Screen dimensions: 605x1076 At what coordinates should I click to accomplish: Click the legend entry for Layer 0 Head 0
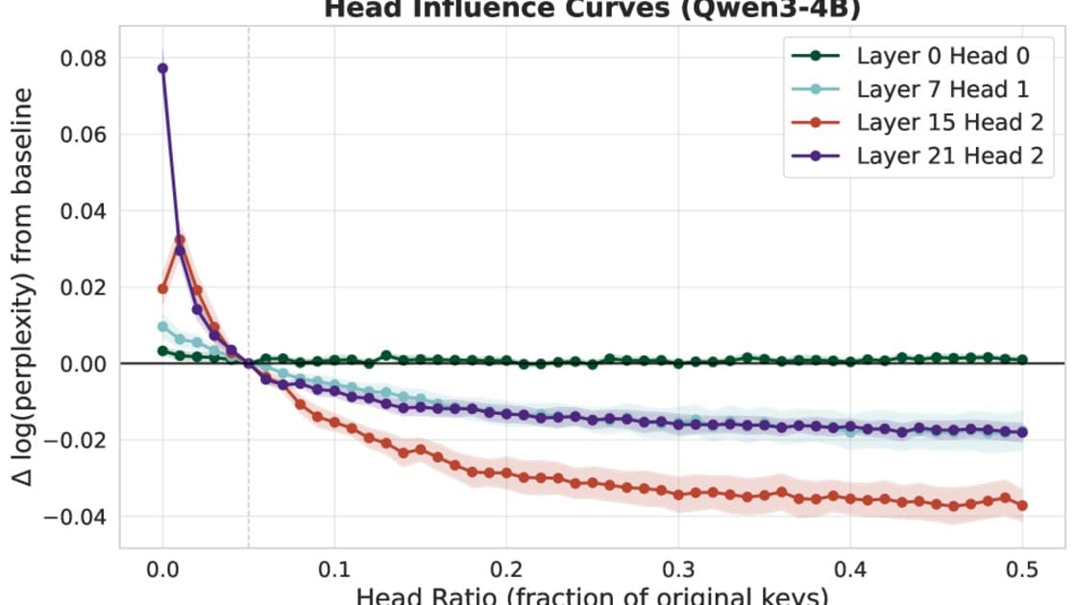click(x=942, y=56)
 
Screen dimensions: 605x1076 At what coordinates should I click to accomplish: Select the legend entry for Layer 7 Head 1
click(x=942, y=89)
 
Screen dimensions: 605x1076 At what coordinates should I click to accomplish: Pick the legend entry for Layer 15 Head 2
click(x=948, y=123)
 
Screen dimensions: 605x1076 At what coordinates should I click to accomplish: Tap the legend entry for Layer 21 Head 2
click(x=948, y=156)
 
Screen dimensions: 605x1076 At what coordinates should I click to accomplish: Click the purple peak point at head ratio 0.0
click(x=162, y=68)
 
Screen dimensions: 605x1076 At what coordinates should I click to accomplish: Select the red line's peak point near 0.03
click(x=180, y=240)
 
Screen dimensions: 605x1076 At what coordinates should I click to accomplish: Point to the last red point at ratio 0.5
click(x=1021, y=505)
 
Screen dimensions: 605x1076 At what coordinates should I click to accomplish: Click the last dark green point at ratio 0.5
click(x=1022, y=359)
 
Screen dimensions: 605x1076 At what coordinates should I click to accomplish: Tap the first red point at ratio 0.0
click(x=162, y=288)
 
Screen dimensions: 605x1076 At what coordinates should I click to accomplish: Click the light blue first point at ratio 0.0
click(x=162, y=327)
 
